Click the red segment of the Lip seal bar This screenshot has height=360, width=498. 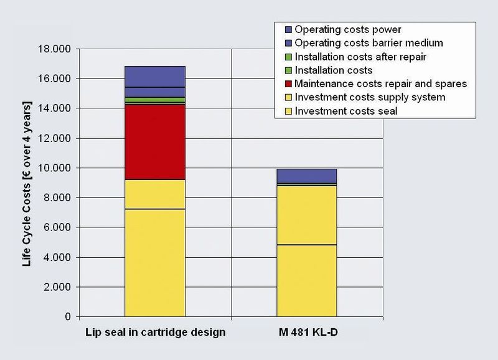pyautogui.click(x=155, y=142)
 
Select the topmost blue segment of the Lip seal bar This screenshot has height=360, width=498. pyautogui.click(x=155, y=77)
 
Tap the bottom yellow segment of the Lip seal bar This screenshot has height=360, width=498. pyautogui.click(x=155, y=262)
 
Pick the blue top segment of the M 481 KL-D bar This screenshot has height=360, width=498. pyautogui.click(x=306, y=176)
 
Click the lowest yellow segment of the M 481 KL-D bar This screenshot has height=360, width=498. pyautogui.click(x=306, y=280)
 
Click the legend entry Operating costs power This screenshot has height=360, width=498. pyautogui.click(x=347, y=29)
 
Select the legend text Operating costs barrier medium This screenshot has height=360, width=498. pyautogui.click(x=369, y=43)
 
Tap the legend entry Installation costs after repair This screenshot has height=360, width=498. pyautogui.click(x=365, y=57)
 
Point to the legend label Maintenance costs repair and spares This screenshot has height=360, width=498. pyautogui.click(x=380, y=83)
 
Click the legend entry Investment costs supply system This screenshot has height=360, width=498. pyautogui.click(x=370, y=97)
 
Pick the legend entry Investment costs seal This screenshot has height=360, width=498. pyautogui.click(x=345, y=111)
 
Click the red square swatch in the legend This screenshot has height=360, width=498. pyautogui.click(x=288, y=83)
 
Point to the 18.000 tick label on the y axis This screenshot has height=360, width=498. pyautogui.click(x=55, y=49)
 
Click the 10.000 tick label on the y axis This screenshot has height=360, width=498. pyautogui.click(x=55, y=168)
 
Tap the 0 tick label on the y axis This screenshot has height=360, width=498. pyautogui.click(x=67, y=317)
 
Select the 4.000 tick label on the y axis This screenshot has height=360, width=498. pyautogui.click(x=57, y=257)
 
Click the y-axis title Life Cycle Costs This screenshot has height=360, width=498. pyautogui.click(x=27, y=183)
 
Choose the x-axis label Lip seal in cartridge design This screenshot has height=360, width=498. pyautogui.click(x=155, y=333)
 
